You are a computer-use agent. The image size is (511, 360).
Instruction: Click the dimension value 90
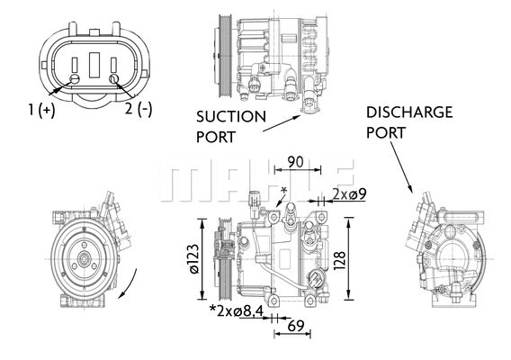tap(294, 163)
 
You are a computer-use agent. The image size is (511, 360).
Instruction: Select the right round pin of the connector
tap(114, 80)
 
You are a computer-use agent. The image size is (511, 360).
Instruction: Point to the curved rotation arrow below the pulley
tap(129, 286)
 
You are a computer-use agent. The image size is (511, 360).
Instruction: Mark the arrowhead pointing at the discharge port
tap(413, 190)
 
